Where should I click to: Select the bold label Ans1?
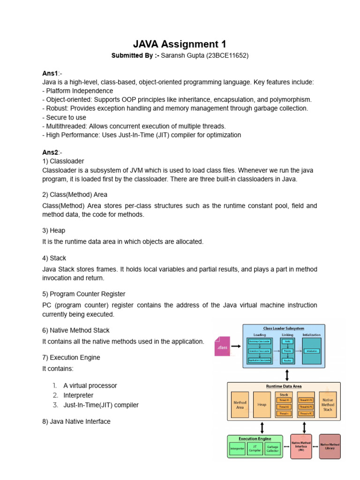coord(50,74)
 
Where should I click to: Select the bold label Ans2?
coord(50,152)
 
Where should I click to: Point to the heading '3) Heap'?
coord(54,231)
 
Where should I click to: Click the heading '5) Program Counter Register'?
coord(84,294)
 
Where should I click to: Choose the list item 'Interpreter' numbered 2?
coord(78,395)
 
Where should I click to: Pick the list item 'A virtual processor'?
coord(90,385)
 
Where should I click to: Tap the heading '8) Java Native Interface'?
coord(76,421)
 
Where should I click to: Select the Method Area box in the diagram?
coord(240,405)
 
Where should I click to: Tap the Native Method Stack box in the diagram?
coord(328,405)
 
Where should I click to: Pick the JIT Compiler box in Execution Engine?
coord(255,448)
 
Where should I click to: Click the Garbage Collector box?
coord(272,448)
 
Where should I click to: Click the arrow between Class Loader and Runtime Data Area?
coord(287,375)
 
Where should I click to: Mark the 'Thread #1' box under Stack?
coord(284,400)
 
